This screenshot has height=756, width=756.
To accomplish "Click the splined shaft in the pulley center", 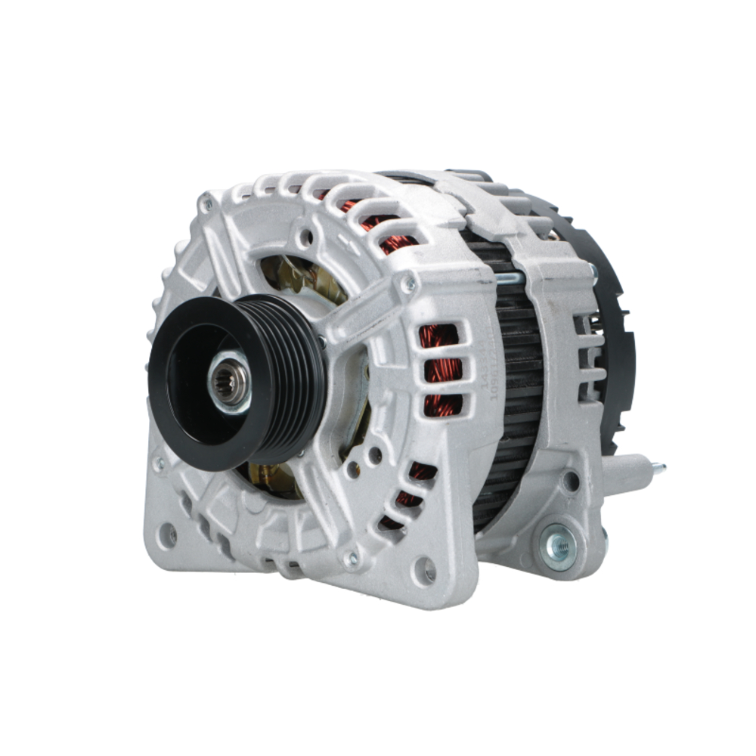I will pyautogui.click(x=228, y=385).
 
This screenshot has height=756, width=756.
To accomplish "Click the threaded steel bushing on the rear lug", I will pyautogui.click(x=559, y=543).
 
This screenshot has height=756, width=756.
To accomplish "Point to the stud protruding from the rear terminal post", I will pyautogui.click(x=658, y=469).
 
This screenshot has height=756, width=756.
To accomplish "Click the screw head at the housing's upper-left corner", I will pyautogui.click(x=206, y=203).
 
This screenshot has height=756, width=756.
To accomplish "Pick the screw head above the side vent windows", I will pyautogui.click(x=408, y=283).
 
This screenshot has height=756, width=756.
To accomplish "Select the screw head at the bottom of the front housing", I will pyautogui.click(x=350, y=559).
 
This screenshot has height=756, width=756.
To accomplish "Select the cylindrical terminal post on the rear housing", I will pyautogui.click(x=627, y=472).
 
